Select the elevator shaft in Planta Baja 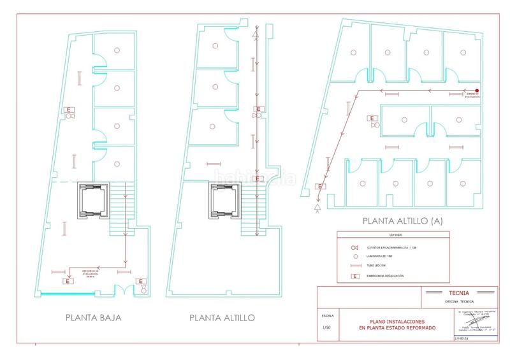pyautogui.click(x=92, y=201)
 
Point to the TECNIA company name pyautogui.click(x=460, y=293)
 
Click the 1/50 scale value pyautogui.click(x=327, y=327)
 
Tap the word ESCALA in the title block pyautogui.click(x=327, y=315)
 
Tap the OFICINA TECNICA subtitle pyautogui.click(x=460, y=301)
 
